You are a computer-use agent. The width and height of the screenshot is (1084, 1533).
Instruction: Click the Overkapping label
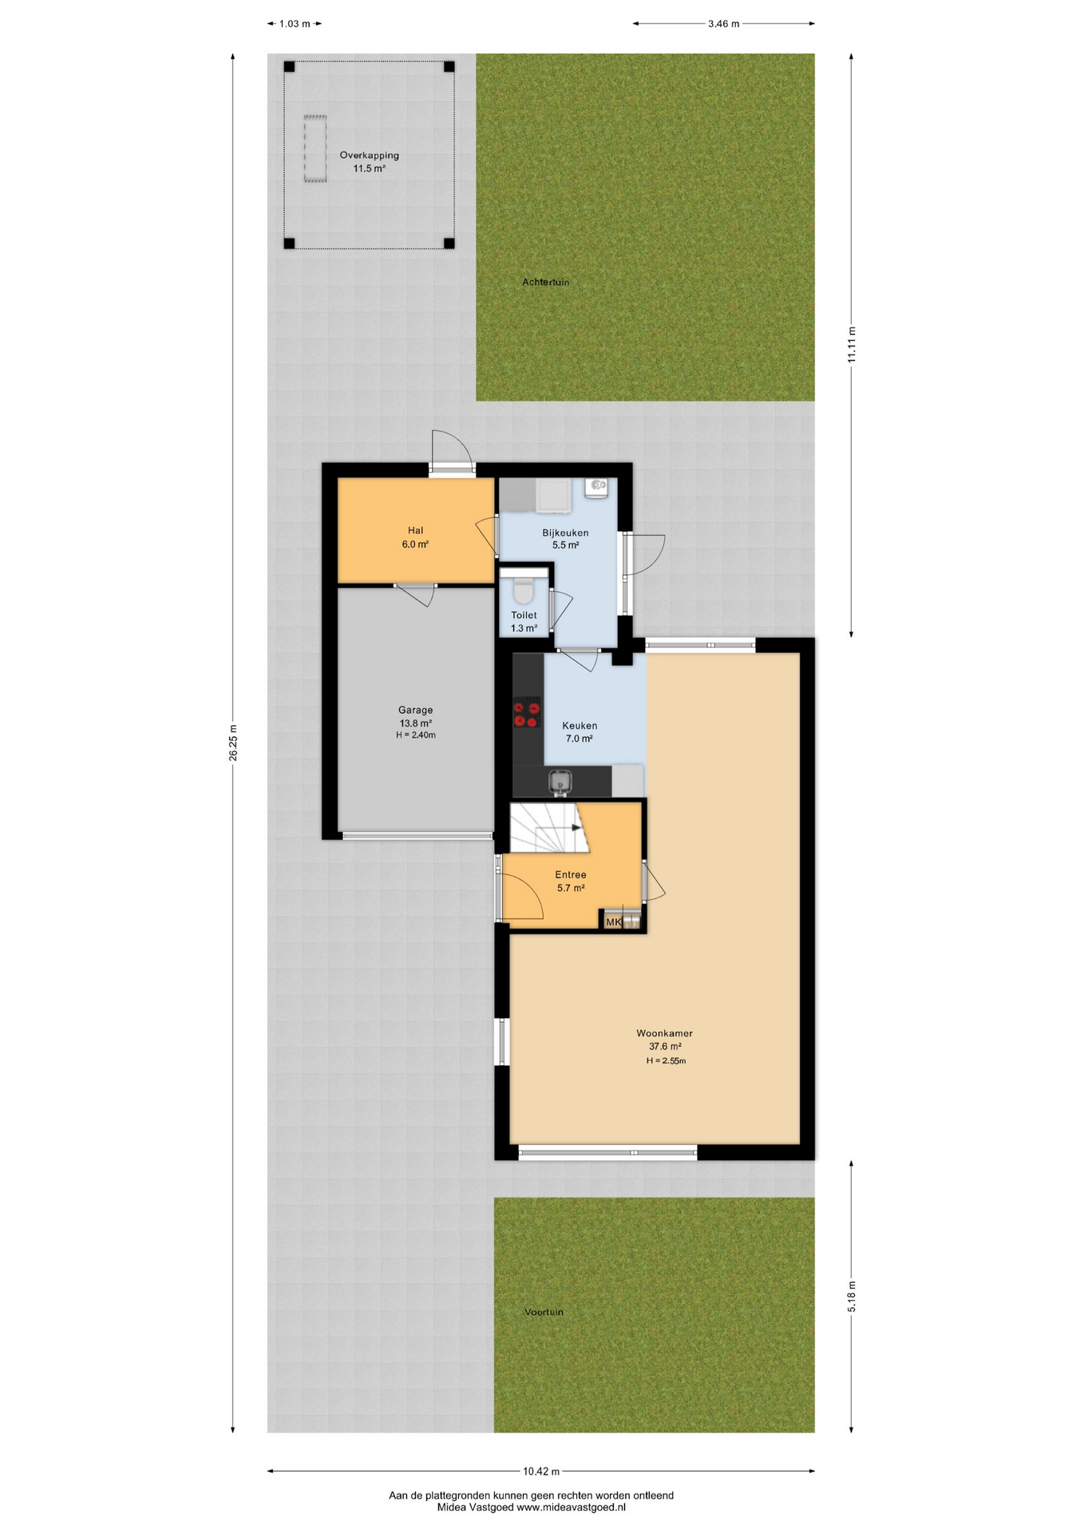tap(369, 155)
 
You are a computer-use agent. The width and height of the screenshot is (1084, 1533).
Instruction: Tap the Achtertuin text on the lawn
tap(545, 282)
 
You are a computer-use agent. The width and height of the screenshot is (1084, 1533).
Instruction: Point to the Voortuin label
tap(544, 1312)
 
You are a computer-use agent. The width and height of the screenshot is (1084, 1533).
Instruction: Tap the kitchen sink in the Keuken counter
tap(560, 782)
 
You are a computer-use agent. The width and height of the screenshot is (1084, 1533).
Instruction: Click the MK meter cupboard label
tap(613, 922)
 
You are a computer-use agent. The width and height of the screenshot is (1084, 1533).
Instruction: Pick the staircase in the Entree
tap(547, 828)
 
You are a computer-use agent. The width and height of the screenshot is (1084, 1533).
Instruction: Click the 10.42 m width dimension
tap(541, 1471)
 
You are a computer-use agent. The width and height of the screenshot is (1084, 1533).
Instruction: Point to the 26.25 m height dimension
tap(233, 743)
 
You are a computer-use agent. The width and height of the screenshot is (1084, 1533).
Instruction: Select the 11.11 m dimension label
tap(852, 345)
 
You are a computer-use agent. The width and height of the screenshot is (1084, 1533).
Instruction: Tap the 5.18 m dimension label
tap(852, 1297)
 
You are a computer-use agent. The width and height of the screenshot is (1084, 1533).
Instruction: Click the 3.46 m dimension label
tap(723, 24)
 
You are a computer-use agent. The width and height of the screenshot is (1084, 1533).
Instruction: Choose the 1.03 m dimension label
tap(295, 24)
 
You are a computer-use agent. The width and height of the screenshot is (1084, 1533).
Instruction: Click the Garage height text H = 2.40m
tap(416, 735)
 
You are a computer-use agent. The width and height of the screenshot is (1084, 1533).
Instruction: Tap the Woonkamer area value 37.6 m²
tap(665, 1046)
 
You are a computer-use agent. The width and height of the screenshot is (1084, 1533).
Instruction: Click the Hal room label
tap(415, 530)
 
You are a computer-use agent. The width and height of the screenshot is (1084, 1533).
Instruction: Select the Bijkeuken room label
tap(565, 533)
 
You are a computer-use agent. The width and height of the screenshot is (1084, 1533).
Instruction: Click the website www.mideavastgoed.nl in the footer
tap(571, 1507)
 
